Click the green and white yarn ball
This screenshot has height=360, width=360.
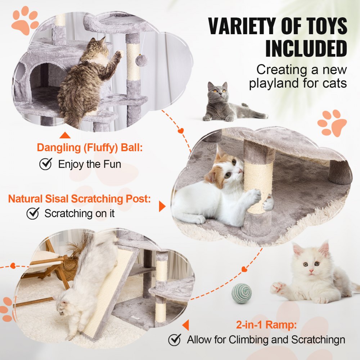[241, 293]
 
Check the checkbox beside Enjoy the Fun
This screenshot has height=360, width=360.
[45, 165]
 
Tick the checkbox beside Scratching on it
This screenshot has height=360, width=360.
[33, 213]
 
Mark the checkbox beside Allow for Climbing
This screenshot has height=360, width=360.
[175, 339]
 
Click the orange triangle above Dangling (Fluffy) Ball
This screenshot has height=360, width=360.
[65, 135]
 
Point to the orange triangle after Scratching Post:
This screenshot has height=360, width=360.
[162, 206]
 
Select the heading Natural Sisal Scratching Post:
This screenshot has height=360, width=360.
[79, 199]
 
